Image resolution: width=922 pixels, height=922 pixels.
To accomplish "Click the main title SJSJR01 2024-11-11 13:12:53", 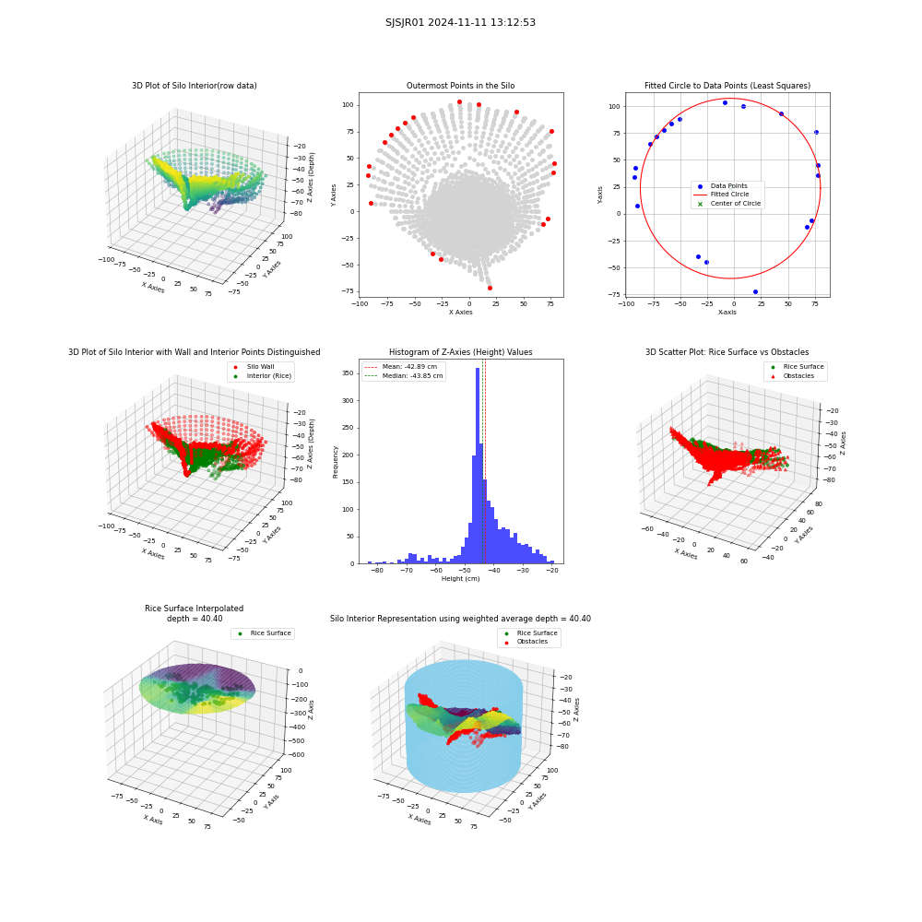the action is pyautogui.click(x=460, y=22).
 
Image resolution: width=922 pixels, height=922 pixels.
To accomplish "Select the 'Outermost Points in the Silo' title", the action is pyautogui.click(x=460, y=85).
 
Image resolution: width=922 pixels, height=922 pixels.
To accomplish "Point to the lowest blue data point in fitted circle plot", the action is pyautogui.click(x=756, y=291).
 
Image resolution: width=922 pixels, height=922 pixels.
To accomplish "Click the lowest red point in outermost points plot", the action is pyautogui.click(x=490, y=288).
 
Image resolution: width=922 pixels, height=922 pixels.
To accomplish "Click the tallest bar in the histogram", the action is pyautogui.click(x=478, y=466).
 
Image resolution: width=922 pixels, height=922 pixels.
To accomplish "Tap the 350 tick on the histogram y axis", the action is pyautogui.click(x=348, y=373).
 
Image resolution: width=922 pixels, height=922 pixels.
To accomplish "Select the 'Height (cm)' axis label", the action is pyautogui.click(x=460, y=579).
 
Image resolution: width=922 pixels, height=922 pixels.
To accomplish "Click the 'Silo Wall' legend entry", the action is pyautogui.click(x=260, y=366).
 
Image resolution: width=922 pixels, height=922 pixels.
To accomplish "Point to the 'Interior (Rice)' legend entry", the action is pyautogui.click(x=268, y=376).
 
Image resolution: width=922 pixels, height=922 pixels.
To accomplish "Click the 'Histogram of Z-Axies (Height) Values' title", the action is pyautogui.click(x=460, y=351).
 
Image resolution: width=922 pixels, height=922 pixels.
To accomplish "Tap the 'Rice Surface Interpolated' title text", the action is pyautogui.click(x=194, y=608).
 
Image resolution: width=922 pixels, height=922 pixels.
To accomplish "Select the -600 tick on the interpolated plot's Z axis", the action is pyautogui.click(x=296, y=754).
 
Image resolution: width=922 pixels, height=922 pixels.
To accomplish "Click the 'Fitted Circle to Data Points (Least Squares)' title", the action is pyautogui.click(x=727, y=85).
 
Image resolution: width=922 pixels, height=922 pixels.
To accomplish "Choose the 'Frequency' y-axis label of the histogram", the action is pyautogui.click(x=336, y=462).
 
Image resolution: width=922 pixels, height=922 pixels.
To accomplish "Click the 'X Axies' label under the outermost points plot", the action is pyautogui.click(x=460, y=313).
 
